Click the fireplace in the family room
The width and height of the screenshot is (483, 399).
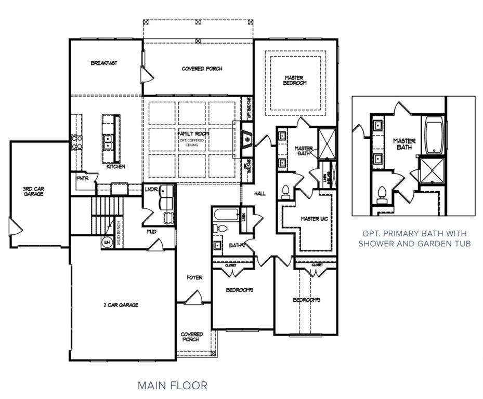pos(247,139)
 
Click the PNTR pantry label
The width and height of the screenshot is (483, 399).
pos(83,178)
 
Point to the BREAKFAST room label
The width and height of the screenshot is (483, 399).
pos(104,63)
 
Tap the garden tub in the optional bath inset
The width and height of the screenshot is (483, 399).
pos(434,136)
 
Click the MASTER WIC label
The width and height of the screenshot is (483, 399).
pos(314,219)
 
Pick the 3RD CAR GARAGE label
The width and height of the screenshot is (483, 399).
pos(33,191)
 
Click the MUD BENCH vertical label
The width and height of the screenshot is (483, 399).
pos(119,232)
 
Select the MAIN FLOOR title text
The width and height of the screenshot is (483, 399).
pos(172,385)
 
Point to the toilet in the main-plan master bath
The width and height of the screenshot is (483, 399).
pos(285,193)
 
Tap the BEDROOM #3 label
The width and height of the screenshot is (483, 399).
pos(306,300)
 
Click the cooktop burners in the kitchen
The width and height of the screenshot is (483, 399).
pos(76,142)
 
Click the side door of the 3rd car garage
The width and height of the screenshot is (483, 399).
pos(14,227)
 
